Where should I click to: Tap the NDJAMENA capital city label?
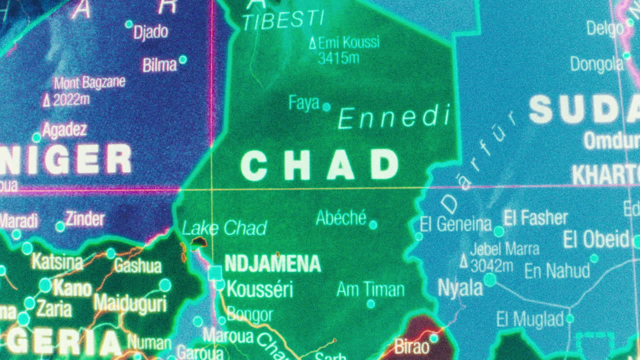272,263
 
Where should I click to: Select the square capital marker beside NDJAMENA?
215,272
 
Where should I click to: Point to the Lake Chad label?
224,228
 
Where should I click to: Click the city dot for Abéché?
373,225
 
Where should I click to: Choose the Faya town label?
303,103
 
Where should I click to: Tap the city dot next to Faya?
326,106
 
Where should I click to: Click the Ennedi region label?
394,118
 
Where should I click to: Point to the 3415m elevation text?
338,58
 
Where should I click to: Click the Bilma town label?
159,65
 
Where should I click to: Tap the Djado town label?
150,32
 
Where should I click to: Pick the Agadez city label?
64,130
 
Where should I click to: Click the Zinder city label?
85,219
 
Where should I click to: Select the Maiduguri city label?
129,303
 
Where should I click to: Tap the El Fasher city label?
535,218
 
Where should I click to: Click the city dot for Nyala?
490,279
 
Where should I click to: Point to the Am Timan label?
370,289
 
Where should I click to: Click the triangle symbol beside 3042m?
463,261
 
